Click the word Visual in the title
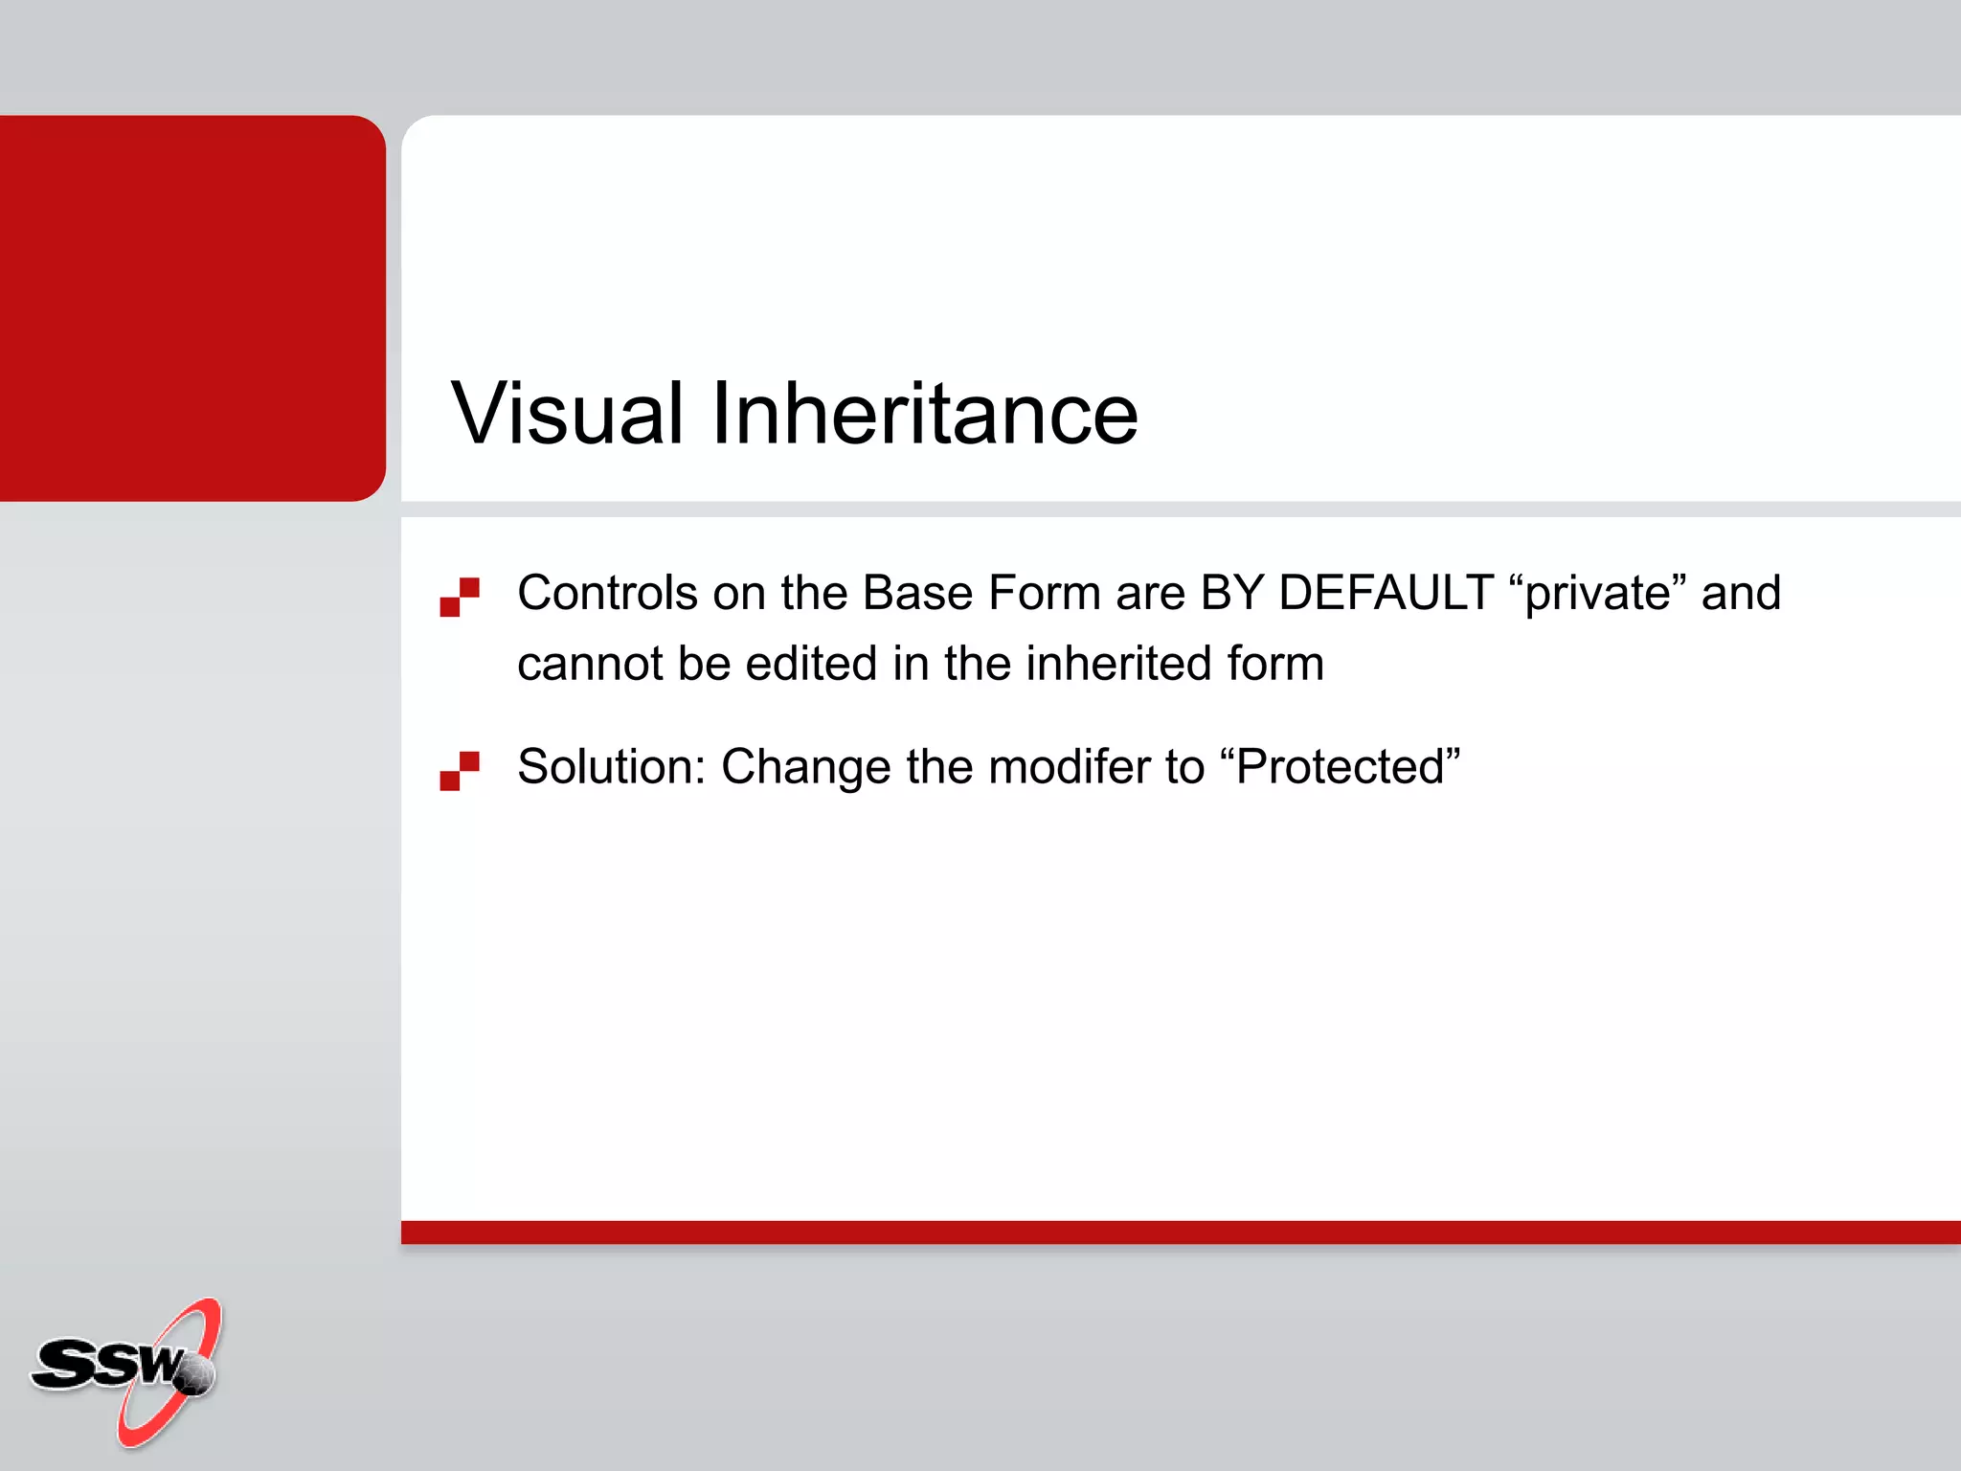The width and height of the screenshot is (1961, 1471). point(567,414)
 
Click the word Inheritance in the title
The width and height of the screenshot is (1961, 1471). point(924,414)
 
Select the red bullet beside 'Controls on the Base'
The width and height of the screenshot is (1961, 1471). point(460,597)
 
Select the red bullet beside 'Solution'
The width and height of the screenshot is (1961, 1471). point(460,771)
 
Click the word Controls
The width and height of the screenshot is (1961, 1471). point(607,593)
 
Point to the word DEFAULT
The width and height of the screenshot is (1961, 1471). point(1386,593)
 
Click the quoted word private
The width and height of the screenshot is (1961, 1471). point(1598,593)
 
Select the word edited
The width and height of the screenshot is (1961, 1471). point(811,664)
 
